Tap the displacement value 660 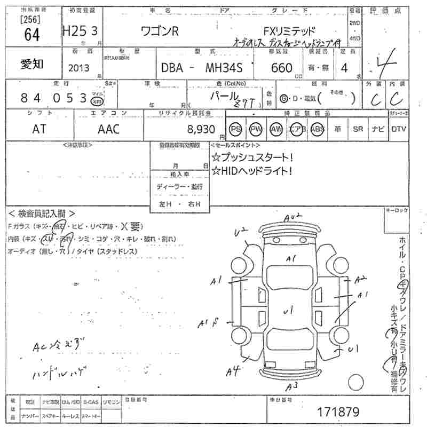point(282,68)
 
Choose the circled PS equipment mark point(235,129)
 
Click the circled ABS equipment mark point(317,129)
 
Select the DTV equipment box point(398,129)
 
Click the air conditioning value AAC point(109,129)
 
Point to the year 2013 point(79,68)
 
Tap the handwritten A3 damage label point(291,385)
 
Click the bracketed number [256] point(27,20)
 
